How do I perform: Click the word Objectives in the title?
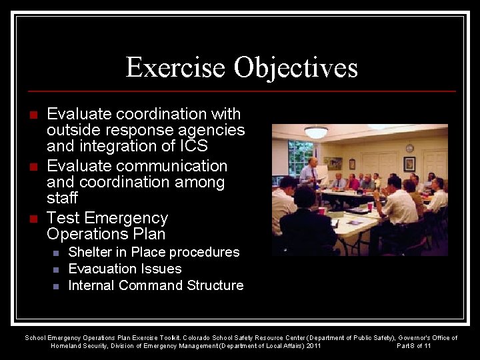(x=296, y=67)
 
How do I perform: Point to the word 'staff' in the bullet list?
(x=62, y=199)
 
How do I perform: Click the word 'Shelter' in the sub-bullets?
(x=90, y=252)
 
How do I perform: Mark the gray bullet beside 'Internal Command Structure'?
(x=56, y=286)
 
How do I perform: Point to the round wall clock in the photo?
(x=409, y=148)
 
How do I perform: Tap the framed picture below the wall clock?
(x=409, y=164)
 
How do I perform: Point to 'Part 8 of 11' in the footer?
(x=413, y=346)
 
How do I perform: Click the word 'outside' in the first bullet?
(x=72, y=130)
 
